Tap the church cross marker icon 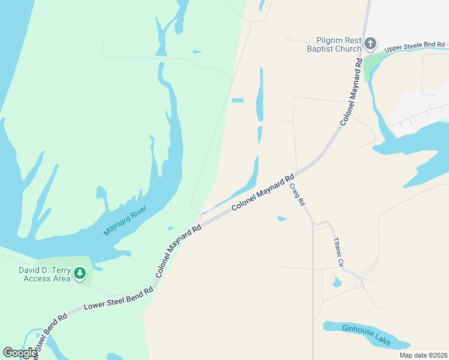371,43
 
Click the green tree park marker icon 80,274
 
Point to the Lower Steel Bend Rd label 118,298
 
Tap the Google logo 20,353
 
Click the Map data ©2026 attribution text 423,355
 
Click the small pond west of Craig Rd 282,218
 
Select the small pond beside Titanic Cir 337,282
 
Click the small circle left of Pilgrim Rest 288,39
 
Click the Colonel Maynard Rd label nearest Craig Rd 264,193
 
